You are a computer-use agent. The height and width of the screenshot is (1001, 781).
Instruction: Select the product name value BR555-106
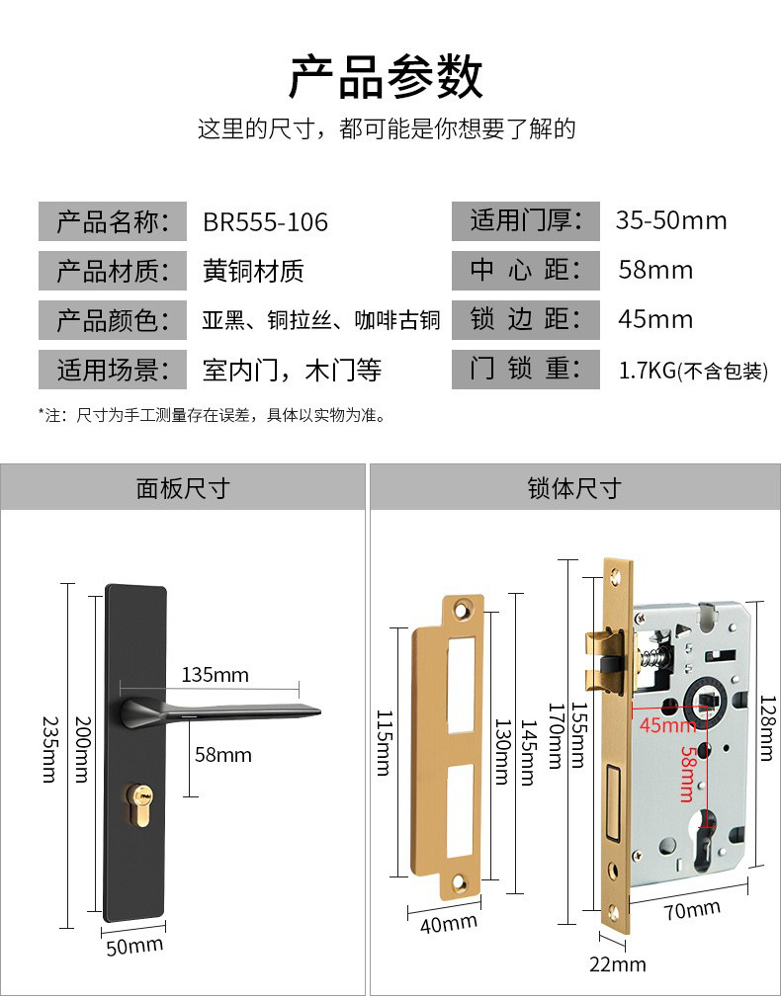coord(265,221)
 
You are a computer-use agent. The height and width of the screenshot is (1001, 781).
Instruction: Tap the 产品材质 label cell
coord(113,270)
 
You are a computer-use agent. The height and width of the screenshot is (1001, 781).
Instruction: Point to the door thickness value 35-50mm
coord(670,220)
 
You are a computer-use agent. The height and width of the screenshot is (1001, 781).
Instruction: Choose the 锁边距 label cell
coord(526,319)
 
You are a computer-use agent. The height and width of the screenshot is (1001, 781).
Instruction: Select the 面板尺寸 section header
coord(182,487)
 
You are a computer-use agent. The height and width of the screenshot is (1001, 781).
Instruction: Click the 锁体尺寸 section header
coord(573,487)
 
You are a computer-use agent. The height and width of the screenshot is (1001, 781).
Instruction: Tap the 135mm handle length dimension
coord(216,675)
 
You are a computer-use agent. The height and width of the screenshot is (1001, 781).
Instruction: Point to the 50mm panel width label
coord(133,946)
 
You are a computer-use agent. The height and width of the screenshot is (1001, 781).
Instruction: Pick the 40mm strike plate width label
coord(448,924)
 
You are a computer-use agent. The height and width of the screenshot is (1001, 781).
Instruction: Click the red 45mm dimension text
coord(667,726)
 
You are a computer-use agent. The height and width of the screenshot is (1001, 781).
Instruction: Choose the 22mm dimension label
coord(617,963)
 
